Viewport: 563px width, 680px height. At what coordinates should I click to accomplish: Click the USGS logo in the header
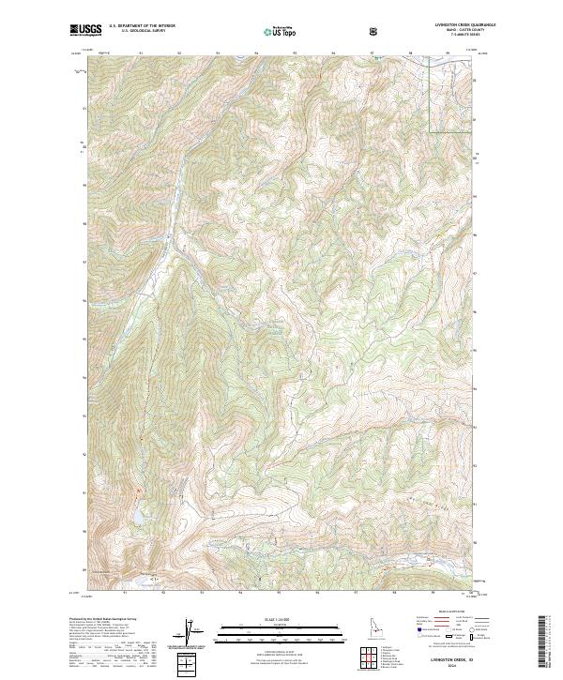(x=85, y=30)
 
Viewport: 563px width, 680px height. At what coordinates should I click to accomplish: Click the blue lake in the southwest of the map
(x=138, y=517)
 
